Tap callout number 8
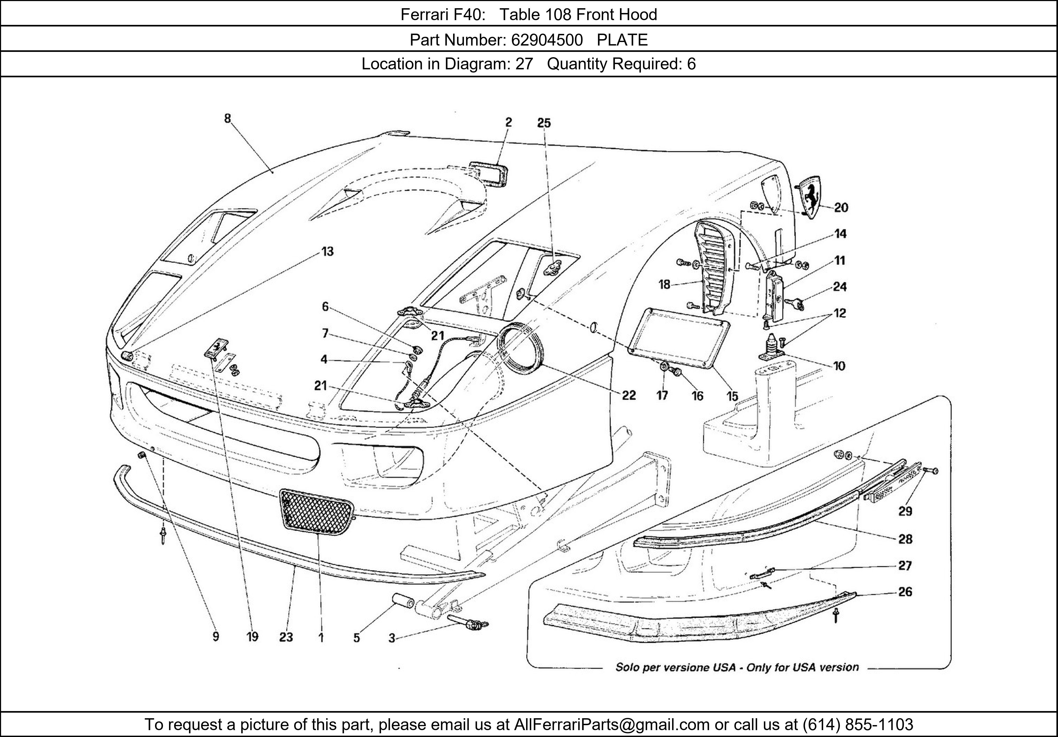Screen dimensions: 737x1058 pyautogui.click(x=228, y=119)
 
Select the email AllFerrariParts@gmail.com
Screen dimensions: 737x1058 pyautogui.click(x=612, y=725)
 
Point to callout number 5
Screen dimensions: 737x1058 pyautogui.click(x=357, y=637)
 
